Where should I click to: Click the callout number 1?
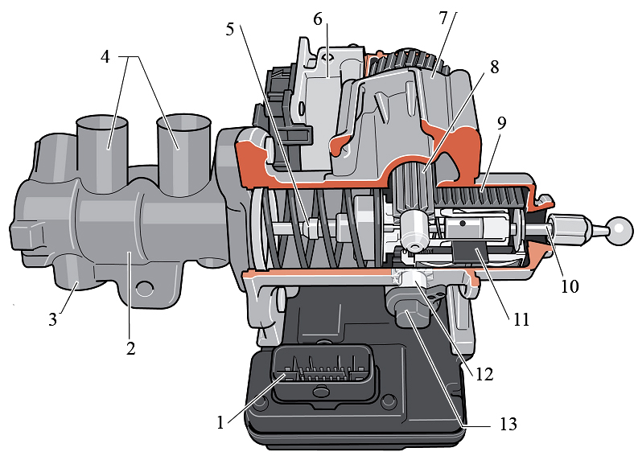pyautogui.click(x=220, y=423)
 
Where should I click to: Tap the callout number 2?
pyautogui.click(x=130, y=348)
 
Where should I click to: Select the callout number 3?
pyautogui.click(x=52, y=319)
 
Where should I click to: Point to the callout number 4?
pyautogui.click(x=105, y=57)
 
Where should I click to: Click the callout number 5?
pyautogui.click(x=230, y=29)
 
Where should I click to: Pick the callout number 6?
pyautogui.click(x=318, y=18)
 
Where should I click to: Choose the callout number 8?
pyautogui.click(x=494, y=67)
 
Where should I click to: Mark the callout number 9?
pyautogui.click(x=501, y=123)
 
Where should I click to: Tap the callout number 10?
pyautogui.click(x=570, y=286)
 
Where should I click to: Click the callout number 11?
pyautogui.click(x=521, y=319)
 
